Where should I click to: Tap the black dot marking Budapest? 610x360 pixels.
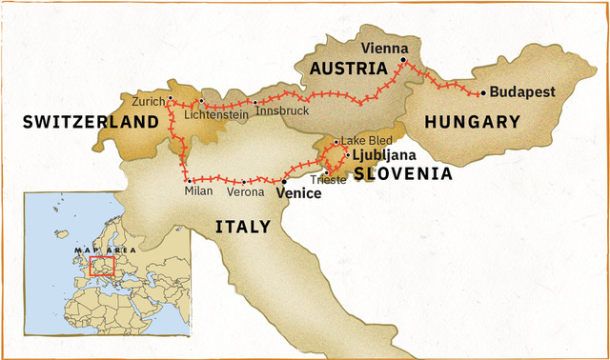pyautogui.click(x=483, y=92)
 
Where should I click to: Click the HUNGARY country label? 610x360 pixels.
pyautogui.click(x=473, y=122)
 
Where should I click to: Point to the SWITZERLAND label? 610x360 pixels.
pyautogui.click(x=90, y=122)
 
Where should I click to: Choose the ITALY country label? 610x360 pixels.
pyautogui.click(x=242, y=227)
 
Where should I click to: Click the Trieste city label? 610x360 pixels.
pyautogui.click(x=329, y=181)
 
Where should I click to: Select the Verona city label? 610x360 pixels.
pyautogui.click(x=244, y=192)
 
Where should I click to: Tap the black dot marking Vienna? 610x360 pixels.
pyautogui.click(x=403, y=60)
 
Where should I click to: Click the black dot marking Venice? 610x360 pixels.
pyautogui.click(x=284, y=180)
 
